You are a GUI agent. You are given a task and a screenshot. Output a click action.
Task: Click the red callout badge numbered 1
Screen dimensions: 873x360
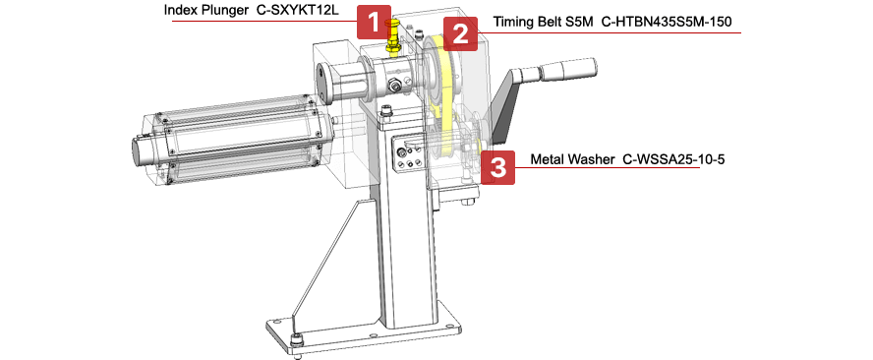373,22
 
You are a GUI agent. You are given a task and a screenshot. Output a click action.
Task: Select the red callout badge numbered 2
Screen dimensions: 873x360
460,34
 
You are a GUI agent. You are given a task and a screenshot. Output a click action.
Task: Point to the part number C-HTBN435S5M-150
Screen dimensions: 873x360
667,22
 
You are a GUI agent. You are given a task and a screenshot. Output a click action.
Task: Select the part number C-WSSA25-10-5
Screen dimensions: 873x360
673,160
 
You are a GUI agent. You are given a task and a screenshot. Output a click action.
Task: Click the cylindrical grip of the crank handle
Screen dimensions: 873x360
557,70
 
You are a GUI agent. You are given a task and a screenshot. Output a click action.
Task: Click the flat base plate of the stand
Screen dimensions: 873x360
365,330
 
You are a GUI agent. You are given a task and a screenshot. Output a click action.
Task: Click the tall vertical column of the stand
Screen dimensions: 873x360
405,223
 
